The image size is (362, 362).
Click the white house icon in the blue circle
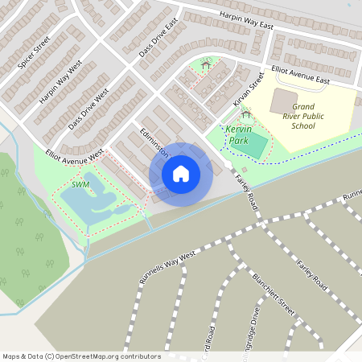click(181, 174)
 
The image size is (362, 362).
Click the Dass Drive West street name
click(88, 104)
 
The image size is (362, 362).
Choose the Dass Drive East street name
click(151, 41)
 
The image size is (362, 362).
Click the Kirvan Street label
click(249, 89)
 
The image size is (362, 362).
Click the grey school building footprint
click(283, 101)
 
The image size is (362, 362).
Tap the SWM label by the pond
click(80, 184)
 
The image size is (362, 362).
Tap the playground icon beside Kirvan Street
click(245, 117)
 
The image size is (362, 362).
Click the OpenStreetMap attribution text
click(81, 356)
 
